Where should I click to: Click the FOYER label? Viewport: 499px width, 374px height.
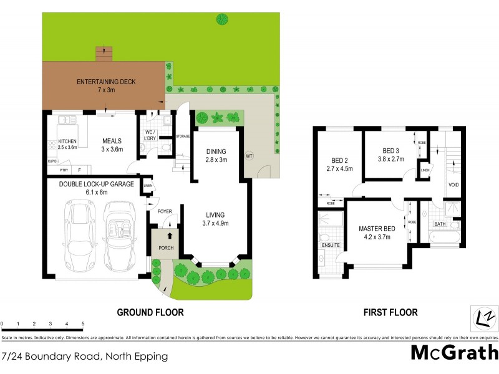(165, 211)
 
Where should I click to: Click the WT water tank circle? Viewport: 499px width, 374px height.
(249, 155)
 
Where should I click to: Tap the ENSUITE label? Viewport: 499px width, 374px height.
(331, 245)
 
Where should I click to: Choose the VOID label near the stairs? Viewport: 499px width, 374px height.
(454, 185)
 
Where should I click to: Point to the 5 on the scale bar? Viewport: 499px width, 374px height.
(83, 324)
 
